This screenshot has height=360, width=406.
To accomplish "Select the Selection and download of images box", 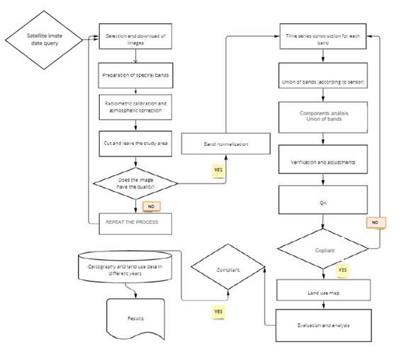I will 135,40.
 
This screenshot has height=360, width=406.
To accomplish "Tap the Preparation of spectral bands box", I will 135,75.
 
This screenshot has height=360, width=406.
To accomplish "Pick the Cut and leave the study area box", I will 135,144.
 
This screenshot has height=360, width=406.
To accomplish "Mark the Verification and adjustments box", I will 322,162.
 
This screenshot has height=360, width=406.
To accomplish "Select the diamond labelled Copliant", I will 322,249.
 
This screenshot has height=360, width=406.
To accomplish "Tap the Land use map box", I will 322,291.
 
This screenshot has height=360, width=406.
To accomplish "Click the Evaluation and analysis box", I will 322,326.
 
